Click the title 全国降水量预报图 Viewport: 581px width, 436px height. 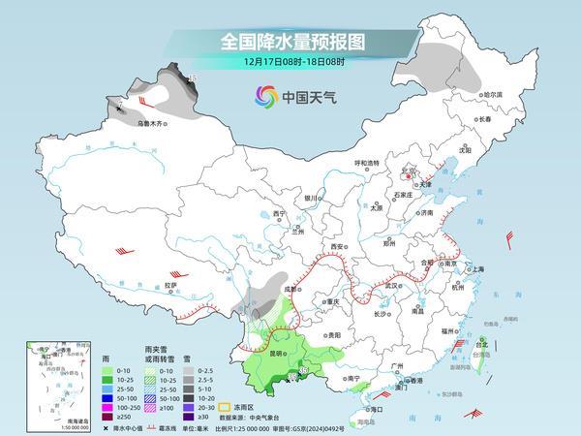290,42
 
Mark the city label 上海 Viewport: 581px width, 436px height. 477,268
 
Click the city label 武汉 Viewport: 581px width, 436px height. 392,286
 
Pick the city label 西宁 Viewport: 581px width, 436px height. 281,213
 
